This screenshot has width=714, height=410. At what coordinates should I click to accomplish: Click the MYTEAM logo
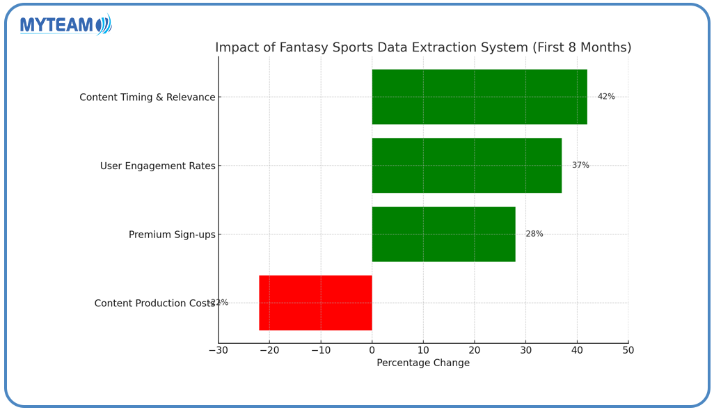(65, 25)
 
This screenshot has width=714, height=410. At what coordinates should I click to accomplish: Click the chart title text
(423, 47)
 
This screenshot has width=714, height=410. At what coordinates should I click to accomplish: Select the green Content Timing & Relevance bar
(479, 97)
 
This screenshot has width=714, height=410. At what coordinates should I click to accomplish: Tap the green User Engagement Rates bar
(466, 166)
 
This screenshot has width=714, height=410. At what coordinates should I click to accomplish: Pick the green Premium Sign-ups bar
(443, 234)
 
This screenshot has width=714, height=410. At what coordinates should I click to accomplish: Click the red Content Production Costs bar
(315, 303)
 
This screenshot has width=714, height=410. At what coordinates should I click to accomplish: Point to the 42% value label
(606, 97)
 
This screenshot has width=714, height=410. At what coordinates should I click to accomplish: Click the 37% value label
(580, 166)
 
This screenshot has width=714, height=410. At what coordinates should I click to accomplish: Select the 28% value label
(534, 234)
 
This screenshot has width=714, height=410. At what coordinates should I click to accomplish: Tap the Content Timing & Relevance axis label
(148, 97)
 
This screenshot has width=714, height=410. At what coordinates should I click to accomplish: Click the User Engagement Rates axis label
(158, 166)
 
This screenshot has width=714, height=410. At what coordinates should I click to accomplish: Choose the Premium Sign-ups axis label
(172, 235)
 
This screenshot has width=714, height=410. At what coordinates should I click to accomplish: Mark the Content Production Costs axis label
(154, 303)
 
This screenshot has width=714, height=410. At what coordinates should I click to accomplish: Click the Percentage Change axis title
(423, 363)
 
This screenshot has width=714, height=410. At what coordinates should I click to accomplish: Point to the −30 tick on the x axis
(218, 350)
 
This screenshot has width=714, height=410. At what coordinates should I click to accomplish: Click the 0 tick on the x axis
(372, 350)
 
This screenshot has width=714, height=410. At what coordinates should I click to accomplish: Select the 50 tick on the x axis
(628, 350)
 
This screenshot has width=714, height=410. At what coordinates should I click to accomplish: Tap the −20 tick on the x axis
(269, 350)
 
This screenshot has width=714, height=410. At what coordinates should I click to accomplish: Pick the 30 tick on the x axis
(525, 350)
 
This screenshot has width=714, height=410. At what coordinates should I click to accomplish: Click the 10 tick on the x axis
(423, 350)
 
